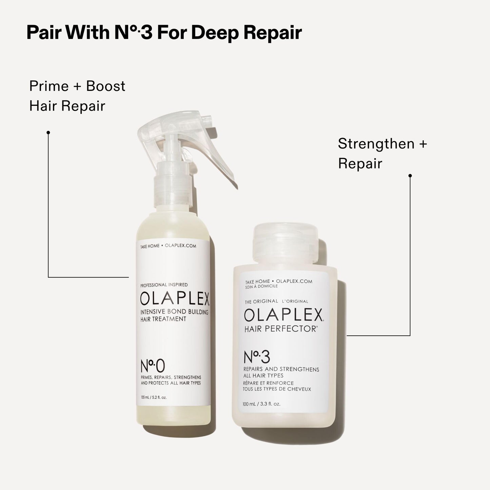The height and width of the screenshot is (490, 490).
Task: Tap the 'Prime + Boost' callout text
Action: point(77,86)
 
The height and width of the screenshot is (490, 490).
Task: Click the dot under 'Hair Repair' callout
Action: point(48,132)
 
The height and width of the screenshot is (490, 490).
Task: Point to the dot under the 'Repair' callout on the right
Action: point(410,176)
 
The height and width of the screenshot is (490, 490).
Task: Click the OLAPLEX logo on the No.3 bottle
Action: point(283,316)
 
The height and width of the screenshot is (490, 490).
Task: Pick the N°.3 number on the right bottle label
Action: point(257,357)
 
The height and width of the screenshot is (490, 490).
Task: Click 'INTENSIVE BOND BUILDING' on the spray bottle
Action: point(174,312)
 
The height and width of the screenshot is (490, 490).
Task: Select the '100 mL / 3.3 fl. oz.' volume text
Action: point(261,404)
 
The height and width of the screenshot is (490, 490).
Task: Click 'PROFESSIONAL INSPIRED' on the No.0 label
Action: point(164,285)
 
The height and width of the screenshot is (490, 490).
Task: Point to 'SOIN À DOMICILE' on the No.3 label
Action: point(261,286)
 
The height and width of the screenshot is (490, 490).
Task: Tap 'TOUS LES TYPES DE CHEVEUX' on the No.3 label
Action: point(277,389)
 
